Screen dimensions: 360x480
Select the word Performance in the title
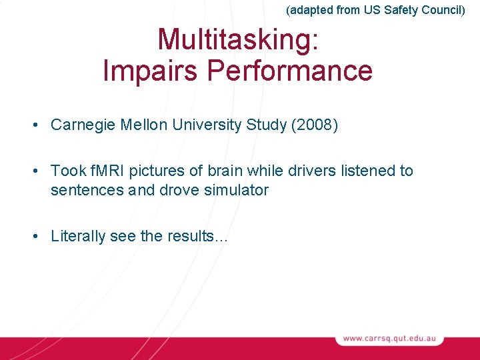(288, 71)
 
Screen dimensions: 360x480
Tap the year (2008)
(315, 125)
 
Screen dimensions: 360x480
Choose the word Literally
(78, 236)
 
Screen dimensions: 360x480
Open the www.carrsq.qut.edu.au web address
(390, 339)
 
